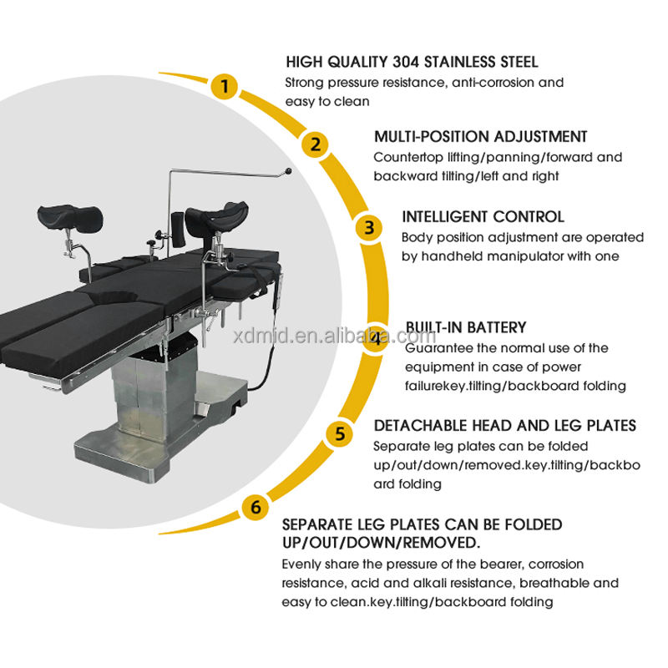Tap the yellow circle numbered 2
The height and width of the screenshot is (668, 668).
pyautogui.click(x=314, y=144)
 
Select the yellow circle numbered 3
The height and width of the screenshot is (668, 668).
pyautogui.click(x=367, y=227)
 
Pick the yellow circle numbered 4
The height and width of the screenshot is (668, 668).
pyautogui.click(x=377, y=338)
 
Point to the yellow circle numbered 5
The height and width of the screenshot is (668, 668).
pyautogui.click(x=338, y=433)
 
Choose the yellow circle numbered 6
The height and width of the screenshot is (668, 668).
pyautogui.click(x=254, y=506)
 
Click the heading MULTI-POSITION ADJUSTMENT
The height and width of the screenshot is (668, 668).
pyautogui.click(x=480, y=136)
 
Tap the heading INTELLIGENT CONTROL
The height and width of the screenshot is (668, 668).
pyautogui.click(x=483, y=217)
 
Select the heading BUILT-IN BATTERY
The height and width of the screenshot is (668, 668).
pyautogui.click(x=466, y=328)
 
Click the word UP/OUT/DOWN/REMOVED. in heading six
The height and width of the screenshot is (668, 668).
pyautogui.click(x=381, y=543)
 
